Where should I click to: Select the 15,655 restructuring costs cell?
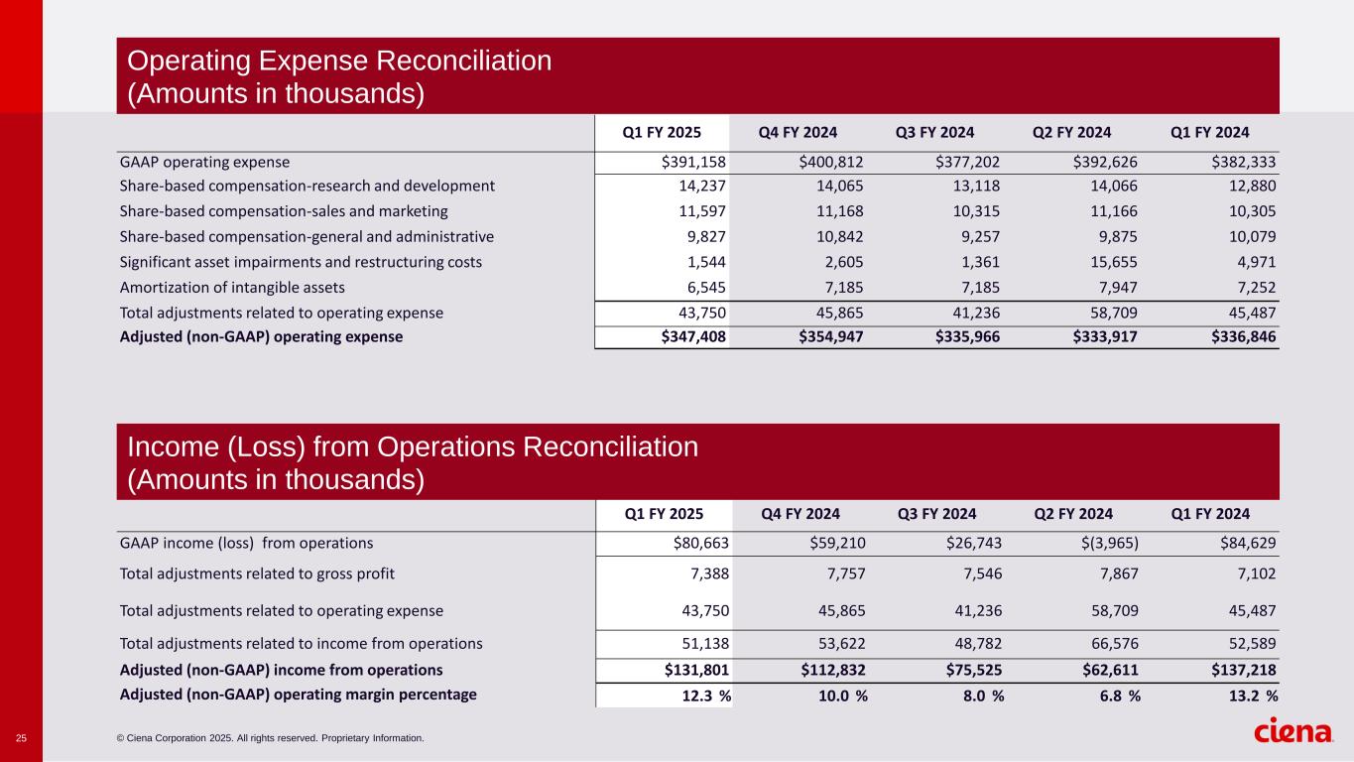(x=1111, y=262)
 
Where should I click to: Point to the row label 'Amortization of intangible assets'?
(x=232, y=288)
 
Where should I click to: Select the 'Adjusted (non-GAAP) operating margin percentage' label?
(x=298, y=695)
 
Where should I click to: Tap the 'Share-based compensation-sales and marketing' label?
(x=284, y=211)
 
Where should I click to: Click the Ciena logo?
(x=1293, y=732)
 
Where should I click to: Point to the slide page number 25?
(x=21, y=738)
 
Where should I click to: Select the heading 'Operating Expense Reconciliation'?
(x=339, y=61)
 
